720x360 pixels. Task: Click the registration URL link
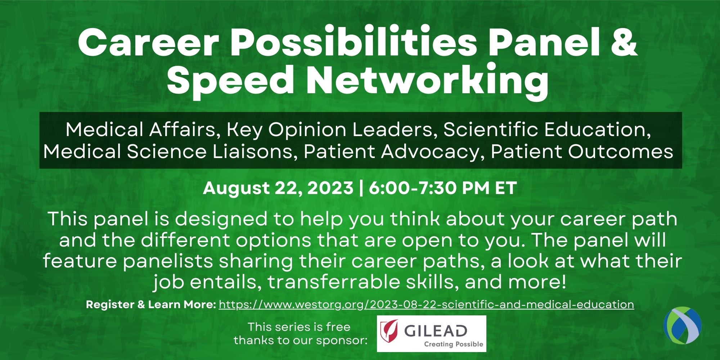[426, 305]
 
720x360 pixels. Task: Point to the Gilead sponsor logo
[431, 334]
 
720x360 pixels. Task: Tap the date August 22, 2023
[278, 188]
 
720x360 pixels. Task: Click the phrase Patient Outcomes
[582, 152]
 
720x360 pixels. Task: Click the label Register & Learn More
[151, 305]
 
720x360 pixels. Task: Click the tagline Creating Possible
[454, 344]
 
